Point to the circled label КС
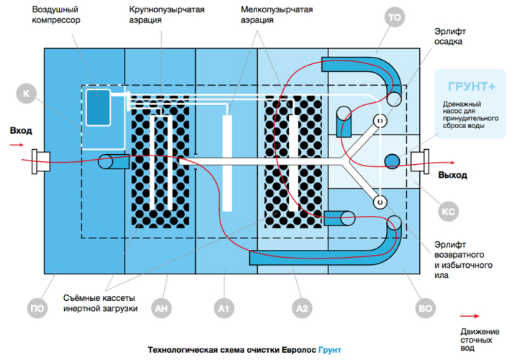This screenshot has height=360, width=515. click(447, 212)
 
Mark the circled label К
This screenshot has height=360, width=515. click(26, 94)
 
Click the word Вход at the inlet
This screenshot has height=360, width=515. click(21, 130)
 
